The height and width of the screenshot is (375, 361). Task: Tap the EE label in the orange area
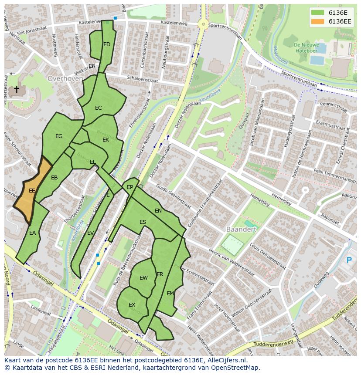click(32, 191)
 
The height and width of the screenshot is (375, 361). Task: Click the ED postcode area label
click(107, 44)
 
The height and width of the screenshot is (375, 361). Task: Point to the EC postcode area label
click(99, 108)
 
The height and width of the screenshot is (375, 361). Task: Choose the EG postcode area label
click(59, 136)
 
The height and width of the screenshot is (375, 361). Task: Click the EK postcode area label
click(106, 140)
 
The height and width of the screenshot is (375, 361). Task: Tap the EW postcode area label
click(143, 278)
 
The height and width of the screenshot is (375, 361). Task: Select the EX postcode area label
click(132, 305)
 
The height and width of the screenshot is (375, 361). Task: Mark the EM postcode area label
click(170, 294)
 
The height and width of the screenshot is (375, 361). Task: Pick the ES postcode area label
click(143, 222)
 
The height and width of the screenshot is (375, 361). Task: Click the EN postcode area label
click(158, 211)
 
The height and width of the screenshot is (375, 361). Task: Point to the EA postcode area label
click(32, 233)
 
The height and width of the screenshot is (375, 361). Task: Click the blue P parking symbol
click(349, 260)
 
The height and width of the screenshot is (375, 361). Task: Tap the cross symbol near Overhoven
click(17, 90)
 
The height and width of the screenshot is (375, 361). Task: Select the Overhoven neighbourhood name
click(65, 79)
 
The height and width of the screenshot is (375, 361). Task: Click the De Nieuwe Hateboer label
click(306, 47)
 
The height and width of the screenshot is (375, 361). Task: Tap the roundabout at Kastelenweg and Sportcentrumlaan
click(202, 24)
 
